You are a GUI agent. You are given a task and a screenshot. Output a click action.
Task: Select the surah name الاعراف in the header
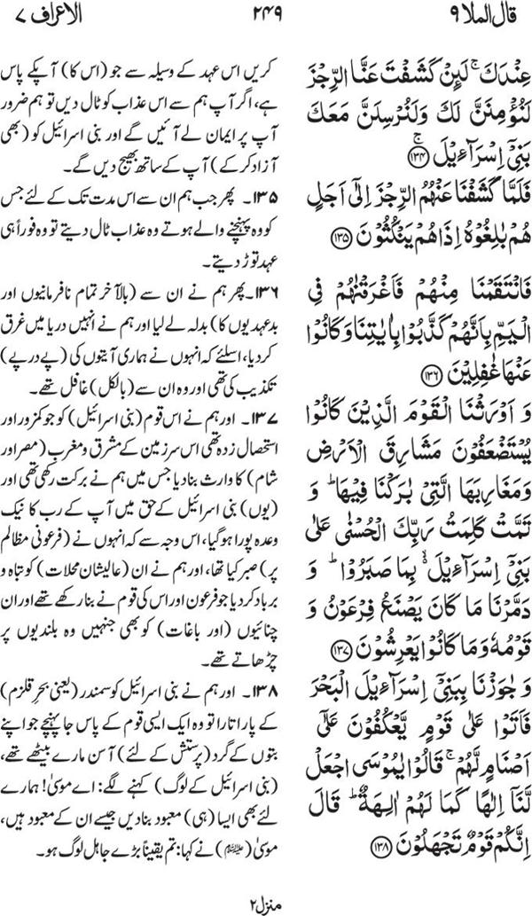coord(65,15)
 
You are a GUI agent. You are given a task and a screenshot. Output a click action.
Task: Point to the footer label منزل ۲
coord(265,901)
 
